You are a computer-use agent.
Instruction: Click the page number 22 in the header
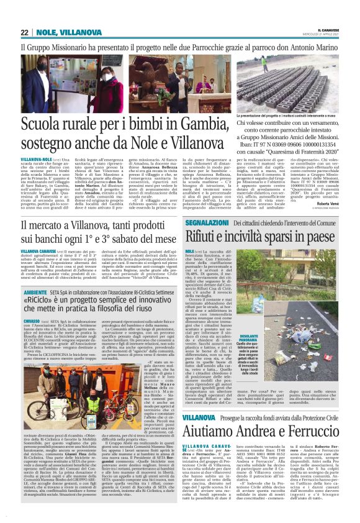[24, 32]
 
